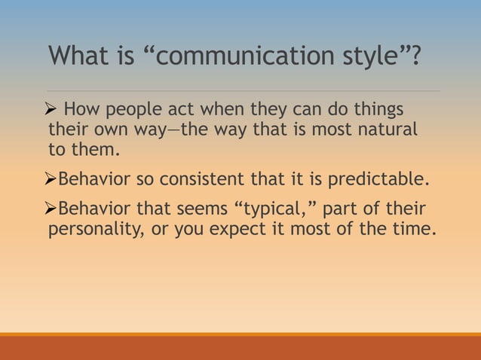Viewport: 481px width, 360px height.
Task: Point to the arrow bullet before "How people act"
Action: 54,110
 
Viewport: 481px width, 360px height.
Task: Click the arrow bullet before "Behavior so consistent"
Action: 52,181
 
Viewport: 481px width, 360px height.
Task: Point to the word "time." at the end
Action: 416,229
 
